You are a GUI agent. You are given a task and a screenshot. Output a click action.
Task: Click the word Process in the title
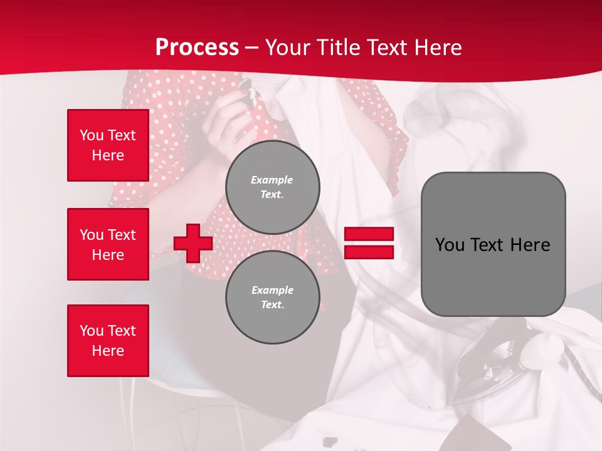click(197, 48)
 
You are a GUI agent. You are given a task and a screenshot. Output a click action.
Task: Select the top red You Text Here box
click(108, 145)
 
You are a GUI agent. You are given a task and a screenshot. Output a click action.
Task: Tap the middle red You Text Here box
click(108, 244)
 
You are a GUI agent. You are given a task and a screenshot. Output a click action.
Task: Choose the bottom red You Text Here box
click(108, 340)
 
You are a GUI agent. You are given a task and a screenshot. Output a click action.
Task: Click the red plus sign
click(193, 243)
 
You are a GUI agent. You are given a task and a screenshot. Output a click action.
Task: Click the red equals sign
click(369, 243)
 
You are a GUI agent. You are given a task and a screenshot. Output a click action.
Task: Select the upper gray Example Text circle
click(272, 187)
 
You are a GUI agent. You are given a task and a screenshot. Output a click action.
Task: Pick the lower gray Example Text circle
click(272, 298)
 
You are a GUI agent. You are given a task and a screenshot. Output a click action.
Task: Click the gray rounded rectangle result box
click(493, 244)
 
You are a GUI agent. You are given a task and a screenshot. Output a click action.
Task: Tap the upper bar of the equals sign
click(369, 234)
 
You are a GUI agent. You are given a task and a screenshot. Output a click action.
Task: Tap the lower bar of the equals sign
click(369, 252)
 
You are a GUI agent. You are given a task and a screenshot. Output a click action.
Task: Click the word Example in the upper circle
click(272, 180)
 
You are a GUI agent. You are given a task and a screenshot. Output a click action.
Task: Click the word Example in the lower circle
click(272, 290)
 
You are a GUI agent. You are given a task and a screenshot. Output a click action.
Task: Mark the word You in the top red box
click(91, 135)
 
